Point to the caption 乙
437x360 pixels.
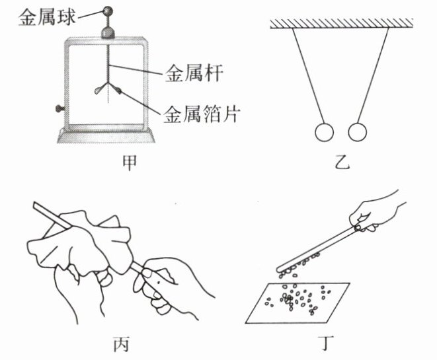pyautogui.click(x=340, y=162)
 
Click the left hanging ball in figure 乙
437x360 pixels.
pyautogui.click(x=323, y=132)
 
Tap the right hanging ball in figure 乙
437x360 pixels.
pyautogui.click(x=358, y=132)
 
